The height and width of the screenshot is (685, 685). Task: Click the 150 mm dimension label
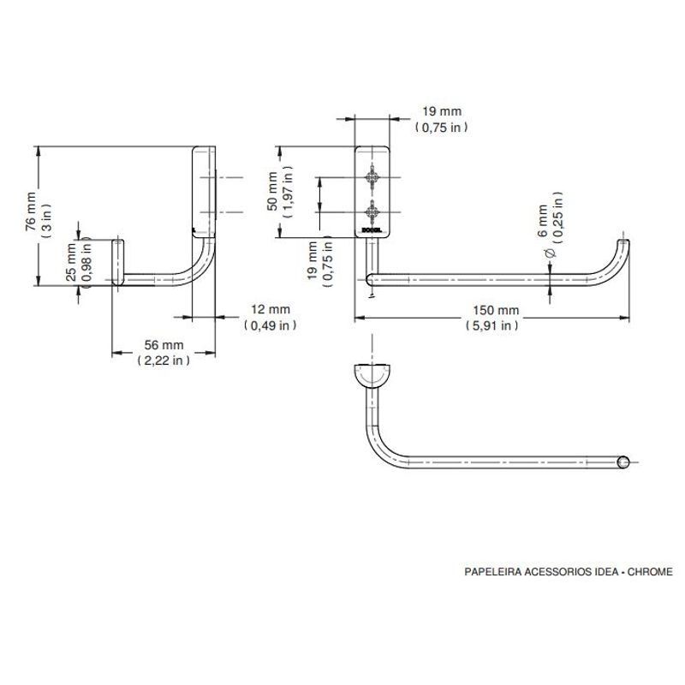pyautogui.click(x=496, y=311)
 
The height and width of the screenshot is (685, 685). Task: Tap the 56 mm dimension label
pyautogui.click(x=164, y=345)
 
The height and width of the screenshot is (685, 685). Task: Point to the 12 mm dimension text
pyautogui.click(x=271, y=309)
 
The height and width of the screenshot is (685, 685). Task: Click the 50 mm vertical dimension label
pyautogui.click(x=272, y=191)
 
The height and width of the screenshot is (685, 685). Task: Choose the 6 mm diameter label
pyautogui.click(x=542, y=221)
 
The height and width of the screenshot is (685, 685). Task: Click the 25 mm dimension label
pyautogui.click(x=71, y=262)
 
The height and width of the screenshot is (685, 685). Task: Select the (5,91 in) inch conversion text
pyautogui.click(x=491, y=325)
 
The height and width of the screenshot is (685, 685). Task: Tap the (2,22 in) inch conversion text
pyautogui.click(x=164, y=360)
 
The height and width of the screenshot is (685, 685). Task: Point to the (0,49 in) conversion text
pyautogui.click(x=271, y=325)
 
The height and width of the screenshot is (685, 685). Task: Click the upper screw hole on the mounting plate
pyautogui.click(x=372, y=177)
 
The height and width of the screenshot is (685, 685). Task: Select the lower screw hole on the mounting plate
pyautogui.click(x=372, y=212)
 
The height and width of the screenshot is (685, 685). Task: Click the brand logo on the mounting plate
pyautogui.click(x=372, y=230)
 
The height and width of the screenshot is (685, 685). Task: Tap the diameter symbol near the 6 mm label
pyautogui.click(x=551, y=253)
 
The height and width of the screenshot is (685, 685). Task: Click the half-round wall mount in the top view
pyautogui.click(x=372, y=375)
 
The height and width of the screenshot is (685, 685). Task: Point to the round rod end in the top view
pyautogui.click(x=623, y=462)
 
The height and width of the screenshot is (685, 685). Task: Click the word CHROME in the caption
pyautogui.click(x=650, y=572)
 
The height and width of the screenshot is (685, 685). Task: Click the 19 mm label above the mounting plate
pyautogui.click(x=442, y=111)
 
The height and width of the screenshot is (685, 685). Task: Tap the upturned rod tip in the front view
pyautogui.click(x=623, y=243)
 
